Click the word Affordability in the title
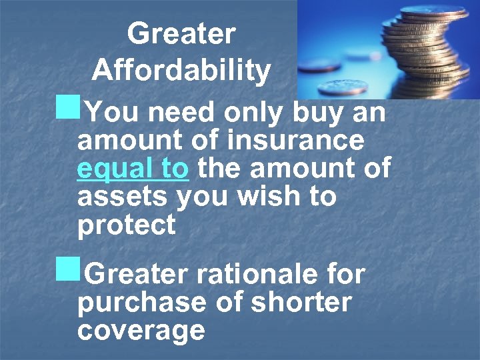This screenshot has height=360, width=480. point(181,69)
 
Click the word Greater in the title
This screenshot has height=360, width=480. point(181,33)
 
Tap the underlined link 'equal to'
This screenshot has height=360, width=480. point(133,169)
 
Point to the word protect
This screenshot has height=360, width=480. point(127,226)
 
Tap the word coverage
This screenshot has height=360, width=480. point(141,330)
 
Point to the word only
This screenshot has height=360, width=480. point(256,113)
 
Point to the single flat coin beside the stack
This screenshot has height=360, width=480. point(343,87)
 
